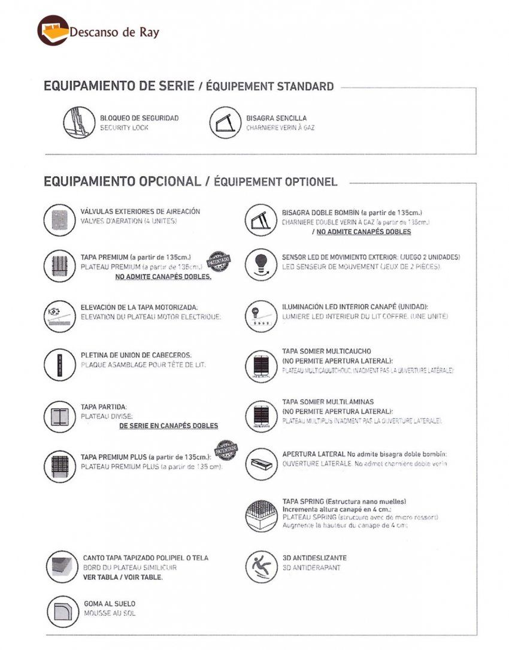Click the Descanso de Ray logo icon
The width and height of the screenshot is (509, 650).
[x=53, y=31]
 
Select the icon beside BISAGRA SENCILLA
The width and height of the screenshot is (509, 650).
[x=225, y=123]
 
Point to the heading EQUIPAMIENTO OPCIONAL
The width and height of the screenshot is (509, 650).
[x=122, y=182]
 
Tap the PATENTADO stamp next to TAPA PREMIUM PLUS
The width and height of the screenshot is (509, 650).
[x=227, y=449]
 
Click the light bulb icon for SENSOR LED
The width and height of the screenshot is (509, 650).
[x=261, y=264]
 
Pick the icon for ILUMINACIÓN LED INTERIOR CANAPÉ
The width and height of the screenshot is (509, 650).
[x=261, y=315]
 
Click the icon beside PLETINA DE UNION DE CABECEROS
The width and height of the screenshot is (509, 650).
[x=59, y=364]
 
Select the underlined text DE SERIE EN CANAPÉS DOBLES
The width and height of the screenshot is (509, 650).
[x=168, y=426]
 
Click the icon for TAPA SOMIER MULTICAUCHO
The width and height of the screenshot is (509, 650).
[x=261, y=365]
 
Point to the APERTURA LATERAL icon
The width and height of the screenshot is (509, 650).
[x=261, y=464]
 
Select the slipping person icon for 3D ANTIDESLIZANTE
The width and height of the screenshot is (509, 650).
[x=261, y=566]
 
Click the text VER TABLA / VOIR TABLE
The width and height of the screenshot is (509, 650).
[x=123, y=578]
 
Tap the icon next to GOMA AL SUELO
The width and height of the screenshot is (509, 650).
[x=63, y=611]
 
